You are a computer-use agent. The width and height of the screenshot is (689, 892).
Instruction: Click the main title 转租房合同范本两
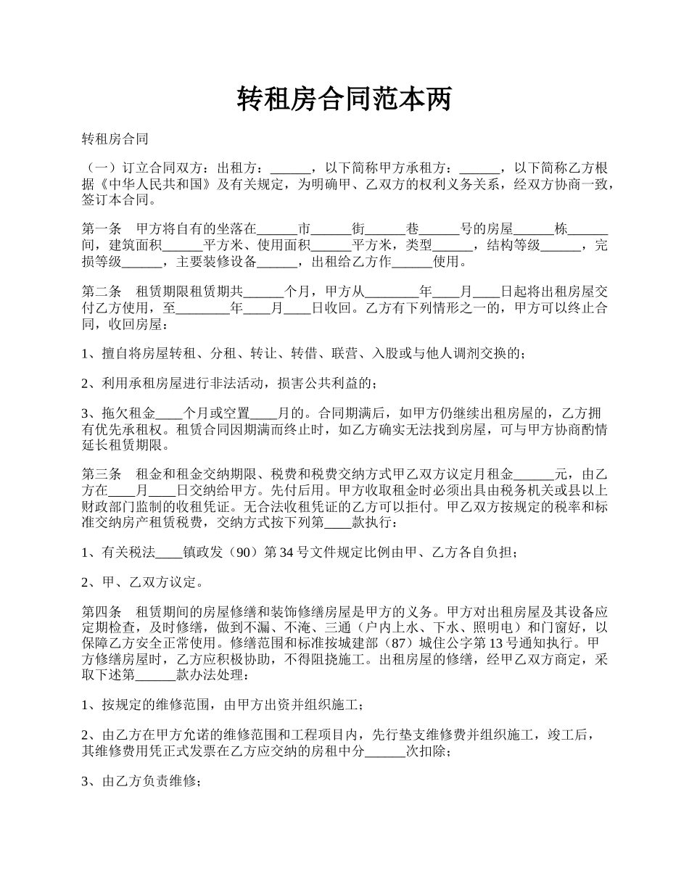coord(344,99)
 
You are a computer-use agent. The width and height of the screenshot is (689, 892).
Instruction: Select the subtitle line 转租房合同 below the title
coord(115,139)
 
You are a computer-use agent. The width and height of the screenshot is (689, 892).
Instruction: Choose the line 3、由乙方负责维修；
coord(141,782)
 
